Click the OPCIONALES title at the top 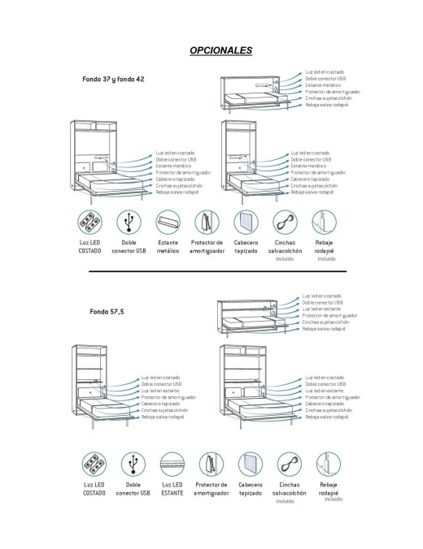(220, 50)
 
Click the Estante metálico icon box (168, 222)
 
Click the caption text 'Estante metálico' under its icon (168, 247)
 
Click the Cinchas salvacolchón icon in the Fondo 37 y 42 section (285, 222)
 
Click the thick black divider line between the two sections (211, 271)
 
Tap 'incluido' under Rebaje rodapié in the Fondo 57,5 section (329, 499)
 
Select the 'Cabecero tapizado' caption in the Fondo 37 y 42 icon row (246, 247)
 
